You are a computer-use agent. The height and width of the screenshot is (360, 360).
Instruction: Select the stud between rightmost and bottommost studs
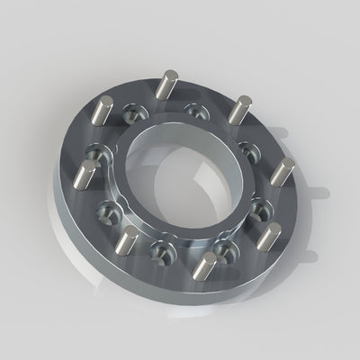coord(265,239)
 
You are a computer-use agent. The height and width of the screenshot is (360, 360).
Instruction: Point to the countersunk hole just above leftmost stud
coord(94,150)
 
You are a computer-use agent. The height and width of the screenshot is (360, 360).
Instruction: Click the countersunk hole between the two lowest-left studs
coord(161,249)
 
